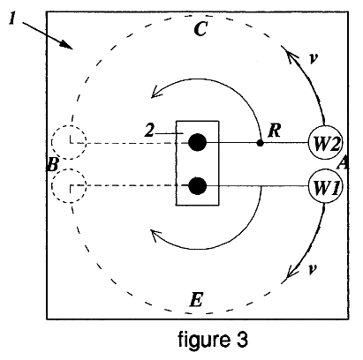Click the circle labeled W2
pos(325,143)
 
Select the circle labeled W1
pos(325,186)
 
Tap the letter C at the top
pos(201,28)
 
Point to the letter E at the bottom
pos(196,300)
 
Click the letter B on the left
pos(53,164)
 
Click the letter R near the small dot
pos(274,131)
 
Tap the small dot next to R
pos(260,143)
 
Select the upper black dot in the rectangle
pos(197,142)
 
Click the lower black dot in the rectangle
pos(197,186)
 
